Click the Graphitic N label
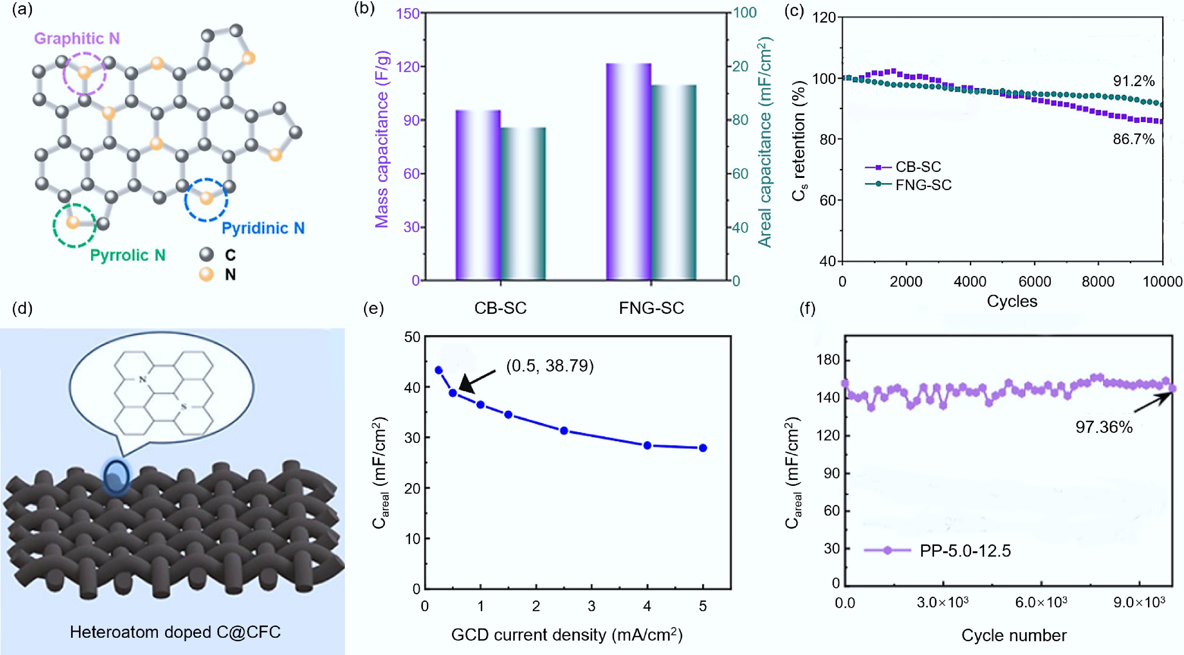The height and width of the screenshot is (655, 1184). click(77, 39)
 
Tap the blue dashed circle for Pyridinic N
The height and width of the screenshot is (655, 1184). click(206, 200)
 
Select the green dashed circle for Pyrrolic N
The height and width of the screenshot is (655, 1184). click(74, 225)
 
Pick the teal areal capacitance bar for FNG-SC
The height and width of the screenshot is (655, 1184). click(674, 183)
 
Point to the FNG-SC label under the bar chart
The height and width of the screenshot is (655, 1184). click(651, 308)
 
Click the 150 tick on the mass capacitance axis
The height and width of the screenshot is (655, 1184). click(408, 13)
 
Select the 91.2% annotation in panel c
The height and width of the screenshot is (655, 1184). click(1134, 81)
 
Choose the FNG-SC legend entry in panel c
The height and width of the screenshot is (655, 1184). click(923, 185)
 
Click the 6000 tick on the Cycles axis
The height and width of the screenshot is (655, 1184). click(1035, 281)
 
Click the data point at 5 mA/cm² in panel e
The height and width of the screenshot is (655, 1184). click(703, 448)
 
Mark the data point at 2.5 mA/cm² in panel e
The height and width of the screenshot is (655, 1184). click(564, 431)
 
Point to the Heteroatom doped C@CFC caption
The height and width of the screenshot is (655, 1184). click(175, 632)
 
